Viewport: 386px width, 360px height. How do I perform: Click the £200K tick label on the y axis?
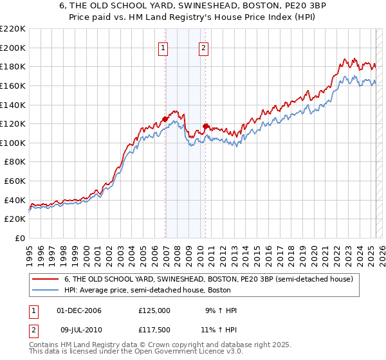13,48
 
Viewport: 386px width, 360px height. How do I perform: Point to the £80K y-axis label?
15,162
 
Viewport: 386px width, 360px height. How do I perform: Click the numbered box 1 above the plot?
163,47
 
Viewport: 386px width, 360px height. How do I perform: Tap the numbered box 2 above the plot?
203,47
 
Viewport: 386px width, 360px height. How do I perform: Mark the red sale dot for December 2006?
165,119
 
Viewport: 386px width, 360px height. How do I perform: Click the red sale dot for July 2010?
206,126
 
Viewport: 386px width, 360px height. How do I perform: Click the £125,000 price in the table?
154,310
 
